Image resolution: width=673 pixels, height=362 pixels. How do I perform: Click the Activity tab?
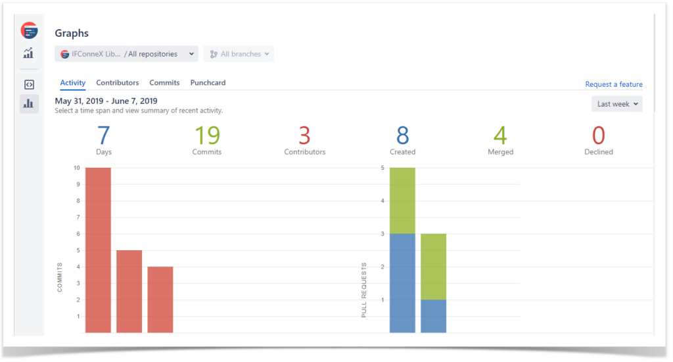coord(72,83)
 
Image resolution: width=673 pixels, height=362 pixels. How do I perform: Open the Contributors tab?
coord(118,83)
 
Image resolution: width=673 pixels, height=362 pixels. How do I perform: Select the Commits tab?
coord(164,83)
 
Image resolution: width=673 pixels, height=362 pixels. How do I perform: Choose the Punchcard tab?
coord(208,83)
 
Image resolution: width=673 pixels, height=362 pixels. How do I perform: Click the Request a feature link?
coord(613,84)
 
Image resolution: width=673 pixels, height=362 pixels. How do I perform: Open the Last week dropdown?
coord(616,104)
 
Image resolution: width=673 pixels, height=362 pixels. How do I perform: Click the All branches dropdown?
coord(239,54)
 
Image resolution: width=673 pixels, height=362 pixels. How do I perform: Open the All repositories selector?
coord(126,54)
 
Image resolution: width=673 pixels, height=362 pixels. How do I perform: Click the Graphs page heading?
coord(72,33)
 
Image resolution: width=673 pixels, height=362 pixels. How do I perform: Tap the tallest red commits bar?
coord(98,250)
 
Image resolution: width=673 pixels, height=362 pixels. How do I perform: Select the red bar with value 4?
coord(160,299)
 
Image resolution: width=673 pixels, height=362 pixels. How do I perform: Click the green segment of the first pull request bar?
coord(402,200)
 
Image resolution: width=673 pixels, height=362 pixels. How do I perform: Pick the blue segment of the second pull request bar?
coord(434,316)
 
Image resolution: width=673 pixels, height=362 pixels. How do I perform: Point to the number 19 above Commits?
coord(207,136)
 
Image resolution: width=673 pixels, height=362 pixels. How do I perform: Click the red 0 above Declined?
coord(598,136)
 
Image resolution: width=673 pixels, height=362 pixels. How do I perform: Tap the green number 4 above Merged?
coord(501,136)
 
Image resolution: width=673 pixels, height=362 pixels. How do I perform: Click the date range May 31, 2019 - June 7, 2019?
coord(106,101)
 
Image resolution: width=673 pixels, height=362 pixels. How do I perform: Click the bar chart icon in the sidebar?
coord(29,103)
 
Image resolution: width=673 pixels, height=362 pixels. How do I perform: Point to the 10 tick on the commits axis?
coord(77,168)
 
